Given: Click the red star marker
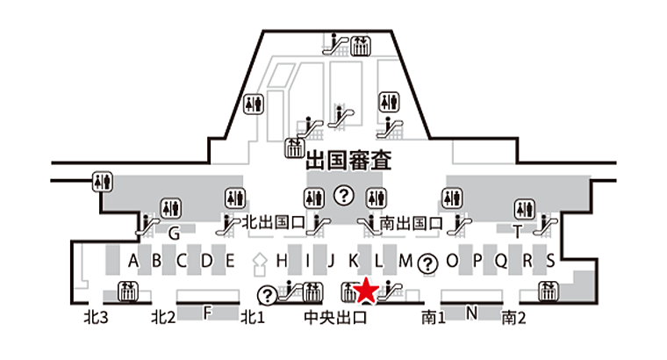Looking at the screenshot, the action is (366, 291).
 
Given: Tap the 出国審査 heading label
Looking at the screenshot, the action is (348, 161).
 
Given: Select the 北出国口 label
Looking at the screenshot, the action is (274, 222).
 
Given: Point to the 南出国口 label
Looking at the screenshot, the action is (412, 223).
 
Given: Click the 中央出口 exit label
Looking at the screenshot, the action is (335, 318).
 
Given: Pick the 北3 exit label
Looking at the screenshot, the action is (97, 318).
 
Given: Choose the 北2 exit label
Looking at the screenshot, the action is (163, 318).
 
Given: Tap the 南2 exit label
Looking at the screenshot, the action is (513, 318).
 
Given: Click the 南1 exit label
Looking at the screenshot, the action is (434, 318).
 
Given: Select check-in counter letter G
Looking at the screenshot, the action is (174, 234).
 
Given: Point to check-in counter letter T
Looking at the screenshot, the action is (517, 232).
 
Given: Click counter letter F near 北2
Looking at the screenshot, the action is (207, 313).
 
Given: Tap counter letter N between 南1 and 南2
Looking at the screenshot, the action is (471, 313).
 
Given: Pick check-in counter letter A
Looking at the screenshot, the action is (133, 261).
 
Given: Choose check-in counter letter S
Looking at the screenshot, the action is (550, 261).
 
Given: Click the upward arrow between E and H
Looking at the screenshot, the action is (259, 264).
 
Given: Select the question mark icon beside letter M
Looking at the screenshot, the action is (427, 263).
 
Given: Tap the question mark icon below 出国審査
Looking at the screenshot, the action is (344, 196).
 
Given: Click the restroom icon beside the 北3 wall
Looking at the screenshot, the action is (102, 182).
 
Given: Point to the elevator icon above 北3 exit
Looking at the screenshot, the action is (127, 292).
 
